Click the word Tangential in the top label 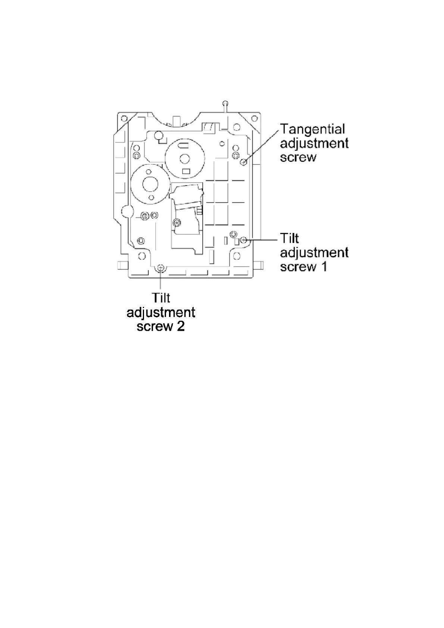click(313, 129)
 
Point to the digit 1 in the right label click(324, 267)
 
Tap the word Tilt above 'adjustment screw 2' click(161, 298)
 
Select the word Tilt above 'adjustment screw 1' click(290, 238)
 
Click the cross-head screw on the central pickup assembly click(177, 223)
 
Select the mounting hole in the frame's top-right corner click(254, 119)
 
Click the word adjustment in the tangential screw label click(314, 143)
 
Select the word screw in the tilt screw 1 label click(298, 267)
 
